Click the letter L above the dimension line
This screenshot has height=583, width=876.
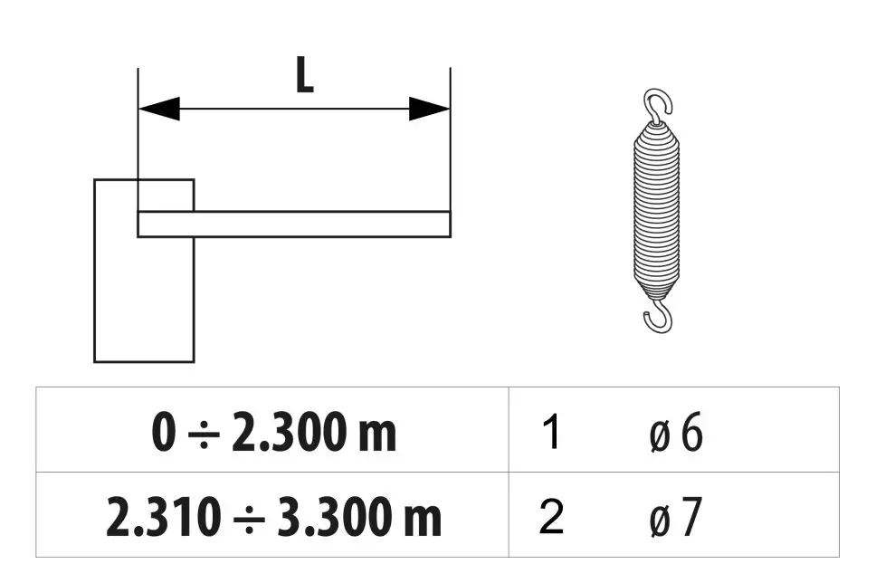(x=304, y=75)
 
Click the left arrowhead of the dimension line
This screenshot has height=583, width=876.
(x=159, y=109)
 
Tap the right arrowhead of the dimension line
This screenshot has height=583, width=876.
(x=430, y=109)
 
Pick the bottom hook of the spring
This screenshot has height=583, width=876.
(x=658, y=316)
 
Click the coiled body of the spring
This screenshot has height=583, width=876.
(x=657, y=210)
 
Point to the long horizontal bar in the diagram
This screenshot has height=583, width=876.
(x=294, y=225)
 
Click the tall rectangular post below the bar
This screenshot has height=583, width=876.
(x=144, y=271)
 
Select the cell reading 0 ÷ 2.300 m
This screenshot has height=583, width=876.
(x=273, y=432)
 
